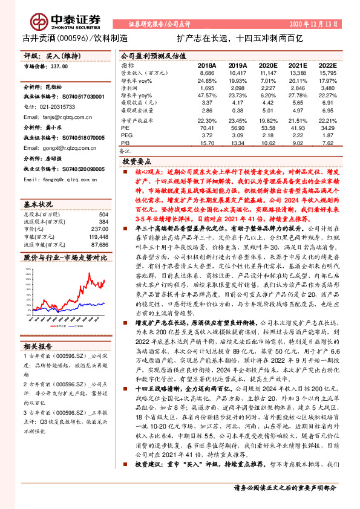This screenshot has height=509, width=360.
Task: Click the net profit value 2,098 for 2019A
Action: pyautogui.click(x=238, y=88)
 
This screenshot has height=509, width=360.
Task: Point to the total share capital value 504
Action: pyautogui.click(x=103, y=215)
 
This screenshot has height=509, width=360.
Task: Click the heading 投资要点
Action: pyautogui.click(x=136, y=162)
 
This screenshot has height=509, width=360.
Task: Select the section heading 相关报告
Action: pyautogui.click(x=39, y=346)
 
